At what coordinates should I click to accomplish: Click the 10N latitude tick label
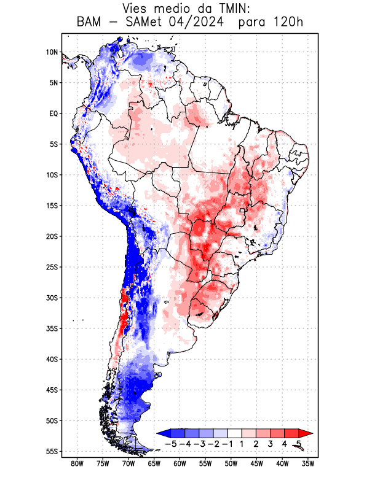(52, 52)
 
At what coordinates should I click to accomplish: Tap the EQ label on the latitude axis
(53, 114)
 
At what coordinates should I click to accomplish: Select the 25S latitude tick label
(51, 267)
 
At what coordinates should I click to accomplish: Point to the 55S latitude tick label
(51, 451)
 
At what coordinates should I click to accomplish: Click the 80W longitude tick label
(77, 464)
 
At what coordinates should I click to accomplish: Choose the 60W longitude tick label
(180, 464)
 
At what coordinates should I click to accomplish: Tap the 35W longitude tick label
(308, 464)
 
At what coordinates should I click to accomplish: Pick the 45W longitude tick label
(257, 464)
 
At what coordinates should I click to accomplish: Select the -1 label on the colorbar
(228, 444)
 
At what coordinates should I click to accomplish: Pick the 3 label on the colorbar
(271, 444)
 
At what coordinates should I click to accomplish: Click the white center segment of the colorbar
(235, 433)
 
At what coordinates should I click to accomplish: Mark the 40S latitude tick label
(51, 359)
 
